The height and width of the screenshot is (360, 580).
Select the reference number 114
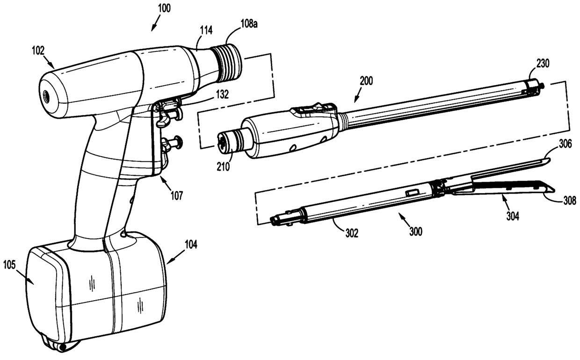click(205, 31)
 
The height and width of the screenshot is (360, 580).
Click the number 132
click(222, 94)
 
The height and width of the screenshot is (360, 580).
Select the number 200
click(366, 80)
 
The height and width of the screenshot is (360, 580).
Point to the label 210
click(223, 166)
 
